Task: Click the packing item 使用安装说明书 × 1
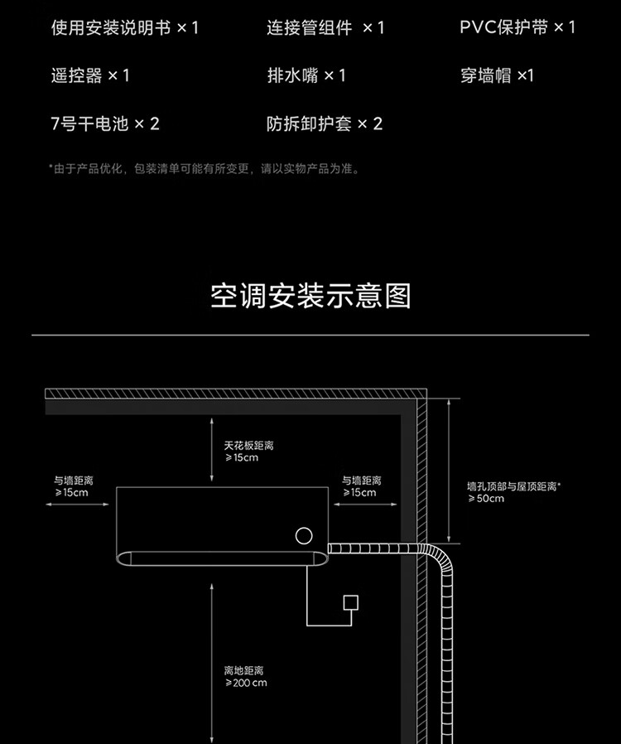(125, 27)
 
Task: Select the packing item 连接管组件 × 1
(325, 27)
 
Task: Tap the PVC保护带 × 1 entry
(517, 27)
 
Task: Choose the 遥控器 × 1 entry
(90, 75)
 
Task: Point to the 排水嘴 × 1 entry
(306, 75)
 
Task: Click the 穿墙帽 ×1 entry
(497, 75)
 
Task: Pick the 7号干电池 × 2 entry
(105, 124)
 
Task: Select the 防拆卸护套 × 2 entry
(325, 124)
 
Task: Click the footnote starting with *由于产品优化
(204, 169)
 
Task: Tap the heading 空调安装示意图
(310, 296)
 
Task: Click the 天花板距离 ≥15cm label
(248, 452)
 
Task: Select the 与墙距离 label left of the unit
(74, 486)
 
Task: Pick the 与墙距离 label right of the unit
(362, 486)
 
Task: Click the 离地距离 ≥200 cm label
(245, 676)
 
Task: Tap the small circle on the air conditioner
(305, 536)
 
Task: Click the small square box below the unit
(351, 602)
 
